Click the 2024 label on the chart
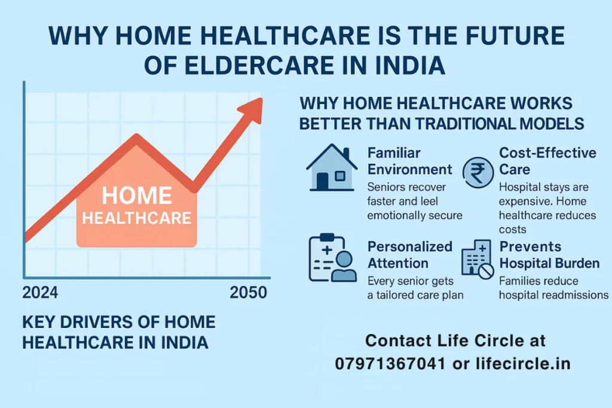tap(40, 293)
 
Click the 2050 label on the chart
tap(249, 293)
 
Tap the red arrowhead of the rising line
tap(251, 110)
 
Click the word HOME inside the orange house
tap(137, 196)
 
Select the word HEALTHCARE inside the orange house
tap(137, 217)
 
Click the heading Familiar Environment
tap(409, 161)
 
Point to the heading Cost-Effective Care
tap(547, 161)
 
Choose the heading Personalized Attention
tap(409, 255)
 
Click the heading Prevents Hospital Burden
tap(549, 255)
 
